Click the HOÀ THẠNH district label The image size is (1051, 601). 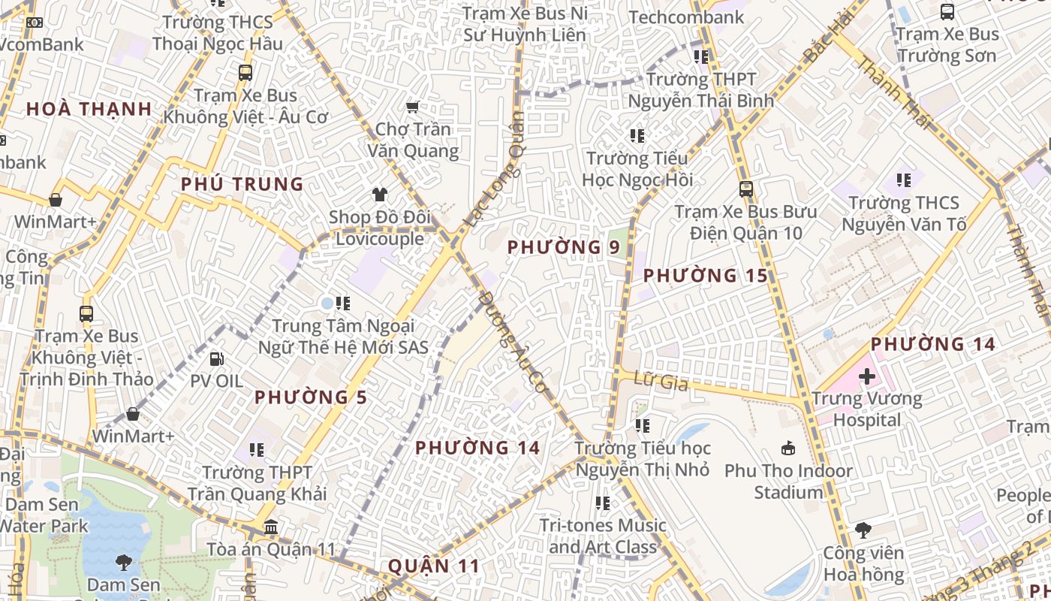[x=89, y=109]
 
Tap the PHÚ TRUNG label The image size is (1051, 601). [x=242, y=184]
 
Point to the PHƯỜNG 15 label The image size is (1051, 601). [x=706, y=276]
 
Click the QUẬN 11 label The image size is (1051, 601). [x=433, y=566]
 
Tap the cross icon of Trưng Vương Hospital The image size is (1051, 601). [x=867, y=376]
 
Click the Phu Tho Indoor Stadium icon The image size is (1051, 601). [x=787, y=448]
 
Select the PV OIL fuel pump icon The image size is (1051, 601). [x=216, y=359]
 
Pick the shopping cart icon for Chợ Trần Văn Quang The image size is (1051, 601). [x=412, y=107]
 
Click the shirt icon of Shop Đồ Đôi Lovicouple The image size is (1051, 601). [x=379, y=195]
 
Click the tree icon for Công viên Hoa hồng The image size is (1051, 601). [x=863, y=530]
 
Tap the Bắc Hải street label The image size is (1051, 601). [x=830, y=36]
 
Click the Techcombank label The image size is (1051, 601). [x=686, y=17]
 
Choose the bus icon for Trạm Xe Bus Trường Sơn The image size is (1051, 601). [x=947, y=12]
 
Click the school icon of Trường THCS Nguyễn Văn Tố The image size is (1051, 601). [x=904, y=180]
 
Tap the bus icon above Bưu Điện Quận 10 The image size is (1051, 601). [x=745, y=189]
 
